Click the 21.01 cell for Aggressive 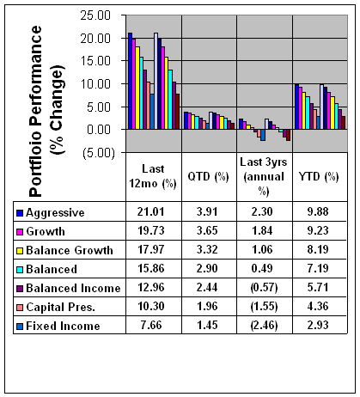pos(150,211)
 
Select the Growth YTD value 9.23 pos(318,230)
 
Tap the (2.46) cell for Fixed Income pos(264,326)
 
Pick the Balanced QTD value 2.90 pos(207,268)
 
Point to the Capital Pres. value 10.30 pos(151,306)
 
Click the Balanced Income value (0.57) pos(264,288)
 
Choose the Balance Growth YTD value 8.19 pos(318,249)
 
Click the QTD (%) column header pos(208,176)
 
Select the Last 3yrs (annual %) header pos(264,177)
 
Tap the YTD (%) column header pos(319,176)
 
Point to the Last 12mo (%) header pos(153,176)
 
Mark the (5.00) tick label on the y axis pos(99,153)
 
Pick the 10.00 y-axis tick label pos(95,84)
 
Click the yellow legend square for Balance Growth pos(20,251)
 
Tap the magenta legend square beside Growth pos(20,232)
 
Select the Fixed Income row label pos(63,326)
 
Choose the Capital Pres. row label pos(60,307)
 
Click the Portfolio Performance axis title pos(46,112)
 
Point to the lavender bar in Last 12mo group pos(156,81)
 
